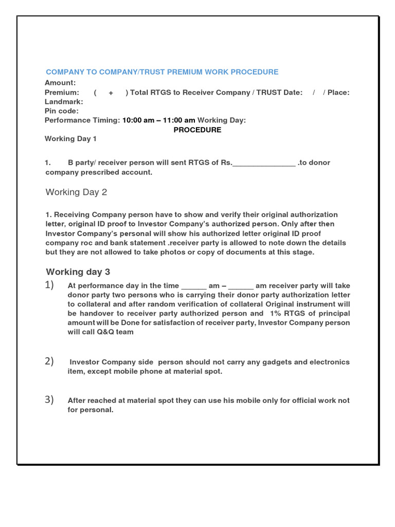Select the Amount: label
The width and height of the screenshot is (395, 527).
point(60,83)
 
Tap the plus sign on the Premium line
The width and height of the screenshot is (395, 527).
point(111,93)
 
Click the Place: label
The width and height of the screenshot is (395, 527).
point(339,93)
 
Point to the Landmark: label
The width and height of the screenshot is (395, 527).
point(64,102)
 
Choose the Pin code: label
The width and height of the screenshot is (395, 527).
point(62,111)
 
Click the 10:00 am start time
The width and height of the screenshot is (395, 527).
point(138,120)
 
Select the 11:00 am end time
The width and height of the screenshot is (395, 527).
point(179,120)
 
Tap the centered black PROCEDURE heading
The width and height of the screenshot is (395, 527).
point(197,130)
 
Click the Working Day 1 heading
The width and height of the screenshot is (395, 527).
point(70,139)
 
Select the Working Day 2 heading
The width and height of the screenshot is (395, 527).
point(76,192)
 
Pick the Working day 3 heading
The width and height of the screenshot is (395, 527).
point(78,272)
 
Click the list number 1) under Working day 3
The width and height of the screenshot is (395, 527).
point(49,285)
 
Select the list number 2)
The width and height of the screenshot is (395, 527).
point(49,361)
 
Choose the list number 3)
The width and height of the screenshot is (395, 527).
point(49,400)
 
